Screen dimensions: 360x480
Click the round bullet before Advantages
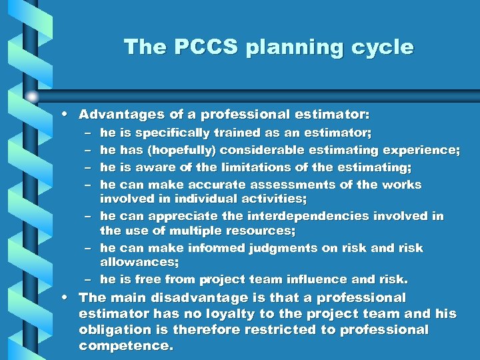pyautogui.click(x=69, y=114)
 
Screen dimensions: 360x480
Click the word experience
pyautogui.click(x=419, y=150)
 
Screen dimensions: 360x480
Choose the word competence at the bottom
pyautogui.click(x=123, y=345)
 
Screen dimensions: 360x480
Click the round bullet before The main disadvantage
pyautogui.click(x=69, y=297)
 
